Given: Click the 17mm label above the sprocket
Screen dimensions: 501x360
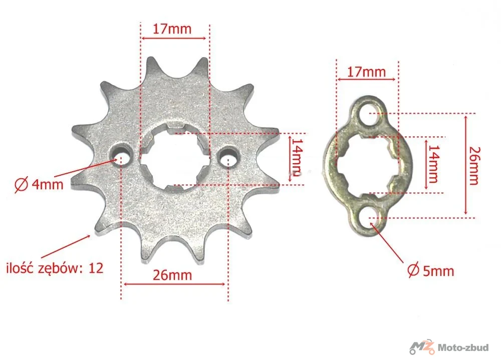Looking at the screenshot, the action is pos(172,29).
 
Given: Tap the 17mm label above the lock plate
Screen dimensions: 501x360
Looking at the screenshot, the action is pos(366,72).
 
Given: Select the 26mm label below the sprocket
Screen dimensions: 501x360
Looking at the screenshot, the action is pos(172,275).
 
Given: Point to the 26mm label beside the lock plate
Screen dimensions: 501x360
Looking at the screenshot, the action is pos(474,165).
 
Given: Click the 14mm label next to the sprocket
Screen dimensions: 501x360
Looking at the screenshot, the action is pos(297,157).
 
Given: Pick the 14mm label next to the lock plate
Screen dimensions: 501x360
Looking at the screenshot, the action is pos(433,164).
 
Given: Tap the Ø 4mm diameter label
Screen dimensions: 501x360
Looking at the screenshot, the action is pos(39,185).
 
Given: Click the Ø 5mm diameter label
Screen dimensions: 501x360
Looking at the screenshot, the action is pos(431,271).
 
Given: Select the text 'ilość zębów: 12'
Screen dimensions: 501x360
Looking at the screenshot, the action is pos(55,268).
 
